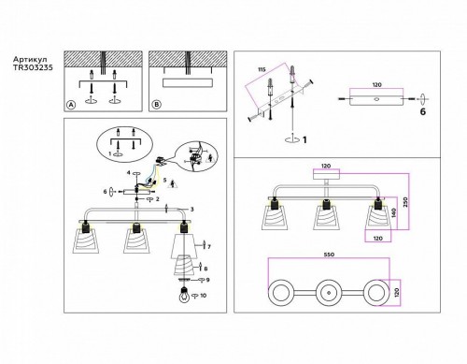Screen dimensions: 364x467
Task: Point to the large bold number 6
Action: [x=422, y=112]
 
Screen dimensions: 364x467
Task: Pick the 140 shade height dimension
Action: [x=395, y=213]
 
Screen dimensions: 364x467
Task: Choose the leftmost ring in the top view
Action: [x=284, y=292]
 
